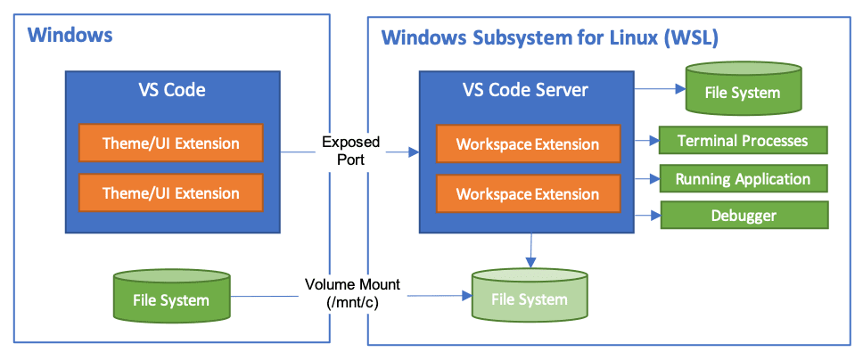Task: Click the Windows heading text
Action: tap(70, 36)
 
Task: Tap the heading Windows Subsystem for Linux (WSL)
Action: tap(550, 38)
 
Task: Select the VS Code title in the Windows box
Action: tap(171, 90)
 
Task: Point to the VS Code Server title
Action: tap(525, 90)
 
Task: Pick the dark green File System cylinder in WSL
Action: tap(742, 93)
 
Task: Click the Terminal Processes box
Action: tap(743, 141)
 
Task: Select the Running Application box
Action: tap(743, 179)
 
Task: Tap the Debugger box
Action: tap(743, 216)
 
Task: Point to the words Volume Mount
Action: tap(353, 285)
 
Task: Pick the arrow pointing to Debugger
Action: tap(645, 216)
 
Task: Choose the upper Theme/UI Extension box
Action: tap(171, 143)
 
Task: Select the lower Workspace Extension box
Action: tap(528, 194)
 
